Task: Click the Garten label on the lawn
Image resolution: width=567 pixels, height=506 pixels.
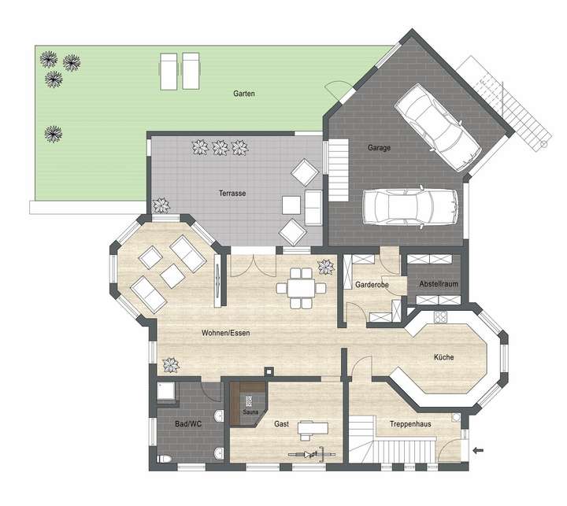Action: (243, 94)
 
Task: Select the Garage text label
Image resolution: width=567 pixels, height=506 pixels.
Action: (379, 148)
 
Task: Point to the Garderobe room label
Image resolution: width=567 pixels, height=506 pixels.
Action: (369, 285)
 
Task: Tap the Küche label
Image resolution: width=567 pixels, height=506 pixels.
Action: (443, 358)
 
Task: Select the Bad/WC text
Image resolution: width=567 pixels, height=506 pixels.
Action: (188, 424)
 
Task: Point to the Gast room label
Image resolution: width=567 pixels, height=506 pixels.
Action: (281, 424)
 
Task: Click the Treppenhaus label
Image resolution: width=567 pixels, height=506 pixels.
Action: (409, 424)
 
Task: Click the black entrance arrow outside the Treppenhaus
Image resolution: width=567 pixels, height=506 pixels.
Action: (480, 450)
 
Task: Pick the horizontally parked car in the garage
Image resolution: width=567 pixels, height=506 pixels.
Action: (409, 206)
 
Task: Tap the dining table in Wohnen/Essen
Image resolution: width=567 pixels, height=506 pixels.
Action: (302, 287)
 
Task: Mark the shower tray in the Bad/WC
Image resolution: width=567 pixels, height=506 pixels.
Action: (166, 393)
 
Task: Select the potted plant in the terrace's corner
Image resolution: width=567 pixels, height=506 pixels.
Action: (162, 205)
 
